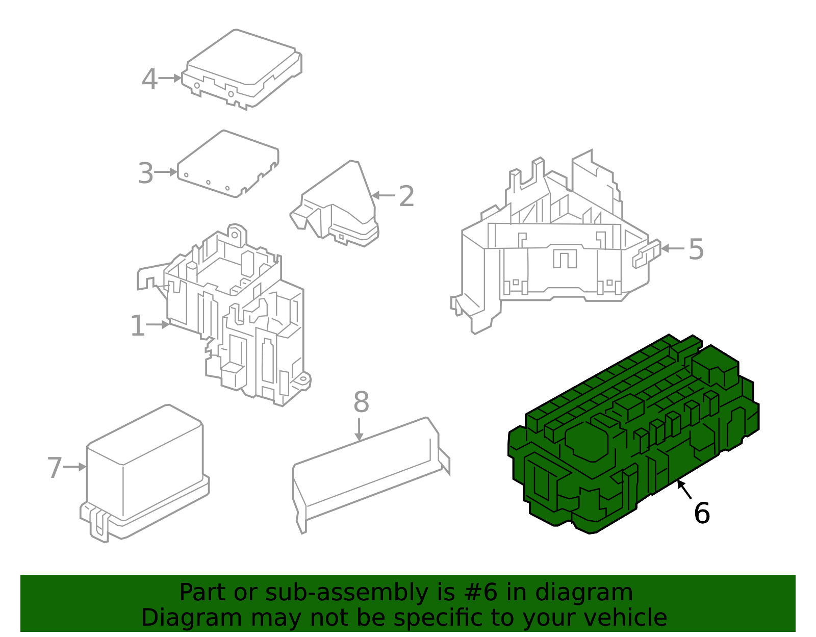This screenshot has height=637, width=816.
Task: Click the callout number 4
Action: point(149,79)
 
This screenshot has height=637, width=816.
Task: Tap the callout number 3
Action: point(146,173)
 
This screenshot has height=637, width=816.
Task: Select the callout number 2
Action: point(406,196)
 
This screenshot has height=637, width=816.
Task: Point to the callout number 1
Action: point(138,325)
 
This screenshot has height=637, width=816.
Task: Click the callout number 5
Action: point(696,249)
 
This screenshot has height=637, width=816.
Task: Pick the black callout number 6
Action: point(702,513)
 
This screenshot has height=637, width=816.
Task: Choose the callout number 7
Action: point(55,468)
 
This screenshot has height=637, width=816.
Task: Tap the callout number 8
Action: point(361,402)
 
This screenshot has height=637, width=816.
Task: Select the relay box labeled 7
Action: point(144,474)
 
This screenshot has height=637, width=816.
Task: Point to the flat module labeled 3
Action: point(228,164)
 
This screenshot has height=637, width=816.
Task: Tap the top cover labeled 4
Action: point(242,69)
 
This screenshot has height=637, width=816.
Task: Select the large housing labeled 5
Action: point(556,242)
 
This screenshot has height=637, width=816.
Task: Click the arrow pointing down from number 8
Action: point(359,429)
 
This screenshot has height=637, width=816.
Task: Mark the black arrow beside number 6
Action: point(684,490)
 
